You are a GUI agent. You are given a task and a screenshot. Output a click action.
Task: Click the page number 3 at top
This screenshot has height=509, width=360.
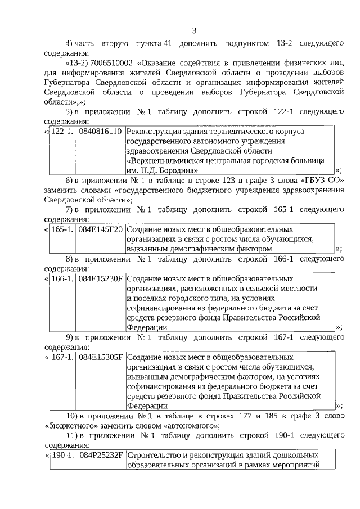click(x=194, y=30)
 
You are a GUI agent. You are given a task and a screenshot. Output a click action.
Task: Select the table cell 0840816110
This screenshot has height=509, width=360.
click(x=100, y=132)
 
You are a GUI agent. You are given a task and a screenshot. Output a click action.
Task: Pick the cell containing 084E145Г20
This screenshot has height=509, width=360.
click(x=100, y=230)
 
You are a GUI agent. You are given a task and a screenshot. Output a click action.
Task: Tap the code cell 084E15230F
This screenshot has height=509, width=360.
click(x=100, y=278)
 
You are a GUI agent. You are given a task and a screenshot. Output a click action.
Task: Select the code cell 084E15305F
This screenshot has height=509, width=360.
click(x=100, y=357)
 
